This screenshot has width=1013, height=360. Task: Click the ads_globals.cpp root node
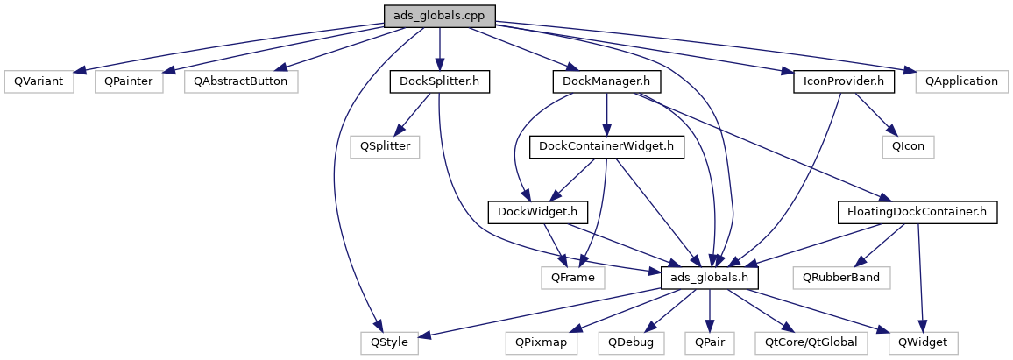point(439,16)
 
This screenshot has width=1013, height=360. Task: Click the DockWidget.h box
point(537,212)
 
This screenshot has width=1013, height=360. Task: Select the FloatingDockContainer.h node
point(917,212)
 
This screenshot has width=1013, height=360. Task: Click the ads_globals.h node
point(710,278)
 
